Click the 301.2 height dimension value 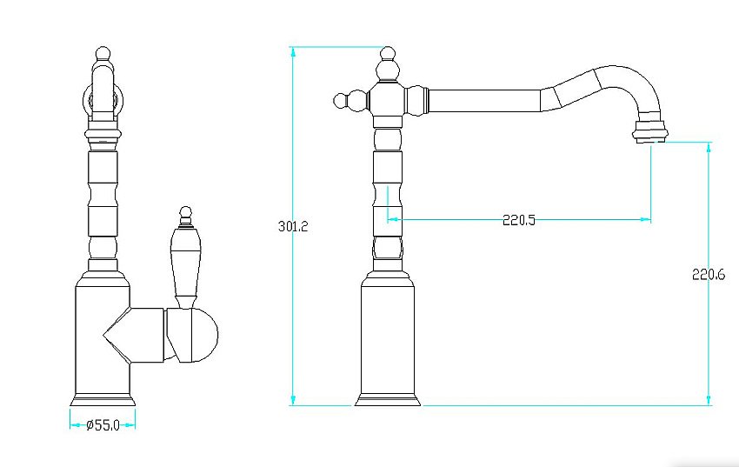(294, 226)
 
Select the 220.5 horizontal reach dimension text (519, 220)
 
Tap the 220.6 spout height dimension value (709, 275)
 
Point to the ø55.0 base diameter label (103, 425)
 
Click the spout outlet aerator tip (651, 133)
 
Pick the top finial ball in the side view (388, 57)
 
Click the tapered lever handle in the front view (184, 261)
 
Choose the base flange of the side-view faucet (388, 400)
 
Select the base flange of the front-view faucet (103, 400)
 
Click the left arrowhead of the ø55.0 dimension (72, 425)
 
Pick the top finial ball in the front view (103, 54)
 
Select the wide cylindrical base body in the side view (388, 339)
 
